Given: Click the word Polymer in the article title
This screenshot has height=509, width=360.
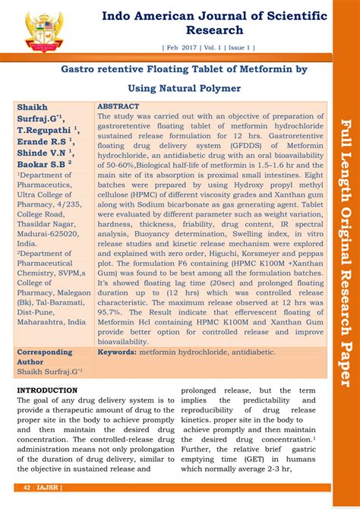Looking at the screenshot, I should pyautogui.click(x=220, y=88).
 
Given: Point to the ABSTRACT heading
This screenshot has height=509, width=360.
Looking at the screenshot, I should pyautogui.click(x=118, y=107).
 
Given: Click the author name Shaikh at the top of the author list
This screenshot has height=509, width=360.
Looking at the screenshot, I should pyautogui.click(x=33, y=107).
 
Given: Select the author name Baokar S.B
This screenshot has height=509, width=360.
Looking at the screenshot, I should pyautogui.click(x=41, y=162).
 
